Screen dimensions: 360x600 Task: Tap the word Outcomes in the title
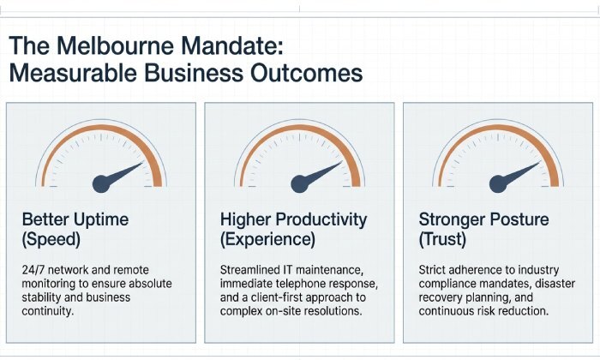(x=300, y=73)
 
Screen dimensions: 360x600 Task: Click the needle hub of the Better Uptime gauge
(x=100, y=182)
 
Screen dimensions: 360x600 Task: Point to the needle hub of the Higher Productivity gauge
(x=299, y=182)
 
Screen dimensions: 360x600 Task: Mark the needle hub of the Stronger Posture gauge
(x=498, y=182)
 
